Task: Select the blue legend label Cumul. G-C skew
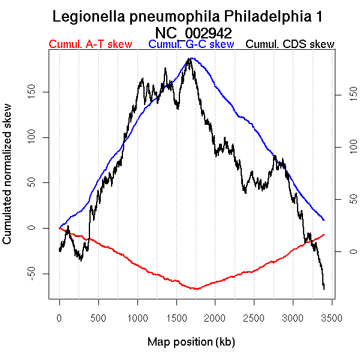pos(191,44)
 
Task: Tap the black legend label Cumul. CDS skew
pos(290,44)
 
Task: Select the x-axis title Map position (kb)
pos(191,342)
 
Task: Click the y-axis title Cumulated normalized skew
pos(8,180)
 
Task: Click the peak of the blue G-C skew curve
pos(191,58)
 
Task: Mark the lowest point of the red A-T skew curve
pos(196,289)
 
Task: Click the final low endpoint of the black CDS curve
pos(324,289)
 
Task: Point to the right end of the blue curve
pos(324,220)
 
